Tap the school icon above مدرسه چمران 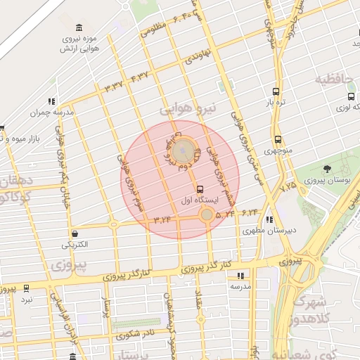pos(51,101)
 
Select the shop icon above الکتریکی pos(75,233)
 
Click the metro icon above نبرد pos(27,288)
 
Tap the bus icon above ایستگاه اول pos(200,189)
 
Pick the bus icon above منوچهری pos(278,139)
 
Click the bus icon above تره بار pos(276,91)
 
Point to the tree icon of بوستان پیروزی pos(328,169)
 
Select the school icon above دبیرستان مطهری pos(270,219)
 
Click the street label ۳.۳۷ pos(113,86)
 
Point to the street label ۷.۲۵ pos(288,187)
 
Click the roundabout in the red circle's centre pos(184,149)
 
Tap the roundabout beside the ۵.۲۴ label pos(206,216)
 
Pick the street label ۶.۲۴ pos(250,212)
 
